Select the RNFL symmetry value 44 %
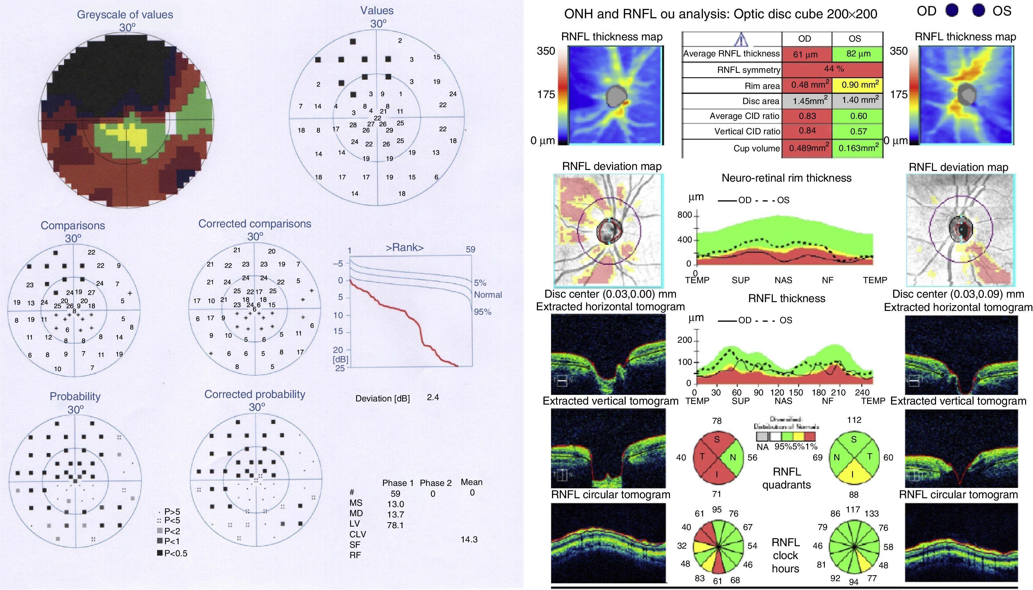pyautogui.click(x=834, y=69)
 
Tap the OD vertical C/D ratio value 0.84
pyautogui.click(x=807, y=131)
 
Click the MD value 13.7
pyautogui.click(x=395, y=515)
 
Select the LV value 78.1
pyautogui.click(x=395, y=525)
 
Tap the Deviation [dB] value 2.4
pyautogui.click(x=433, y=397)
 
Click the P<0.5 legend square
pyautogui.click(x=160, y=553)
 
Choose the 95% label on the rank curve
pyautogui.click(x=482, y=312)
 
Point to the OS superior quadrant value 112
pyautogui.click(x=854, y=420)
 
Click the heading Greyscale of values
pyautogui.click(x=125, y=15)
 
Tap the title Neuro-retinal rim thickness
pyautogui.click(x=786, y=178)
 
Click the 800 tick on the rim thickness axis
pyautogui.click(x=684, y=215)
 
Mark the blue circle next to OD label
pyautogui.click(x=952, y=11)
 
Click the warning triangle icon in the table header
pyautogui.click(x=741, y=39)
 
